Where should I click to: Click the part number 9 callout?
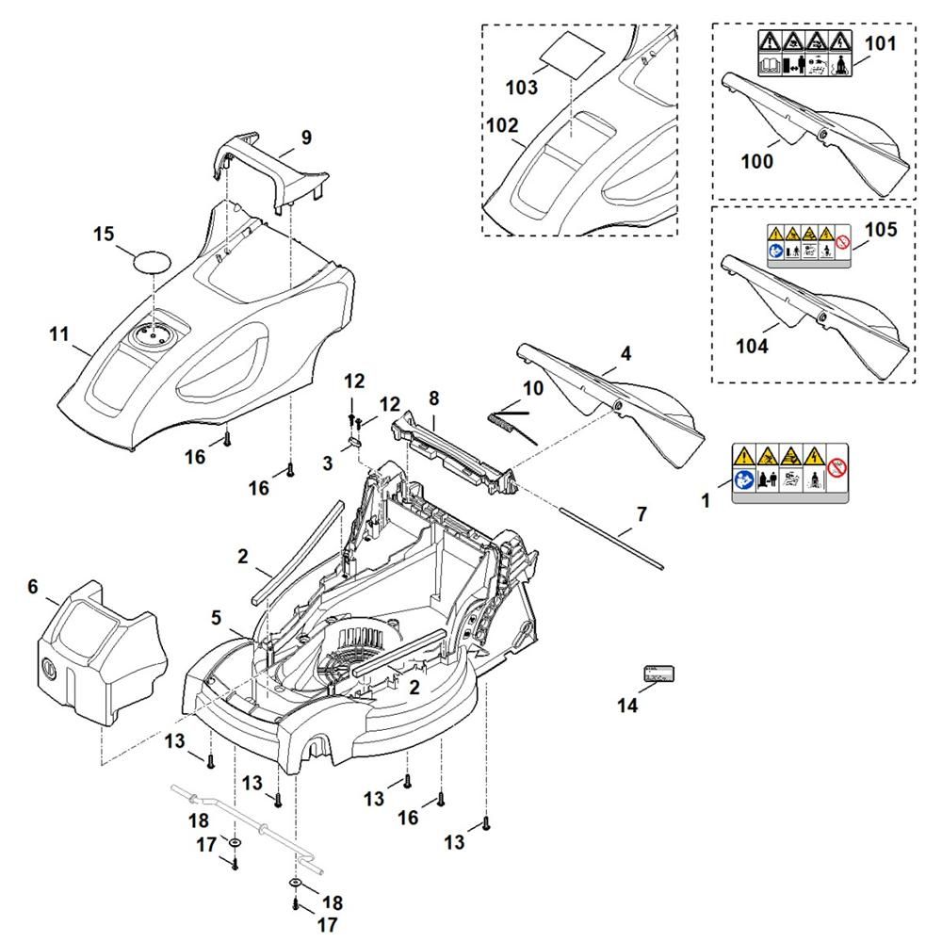tap(306, 138)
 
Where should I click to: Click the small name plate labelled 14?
tap(658, 673)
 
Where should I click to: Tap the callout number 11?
tap(59, 333)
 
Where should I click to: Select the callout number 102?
tap(502, 126)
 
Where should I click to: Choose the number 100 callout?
tap(756, 161)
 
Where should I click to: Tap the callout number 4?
tap(625, 355)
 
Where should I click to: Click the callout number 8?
tap(433, 398)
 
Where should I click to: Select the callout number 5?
tap(216, 618)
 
